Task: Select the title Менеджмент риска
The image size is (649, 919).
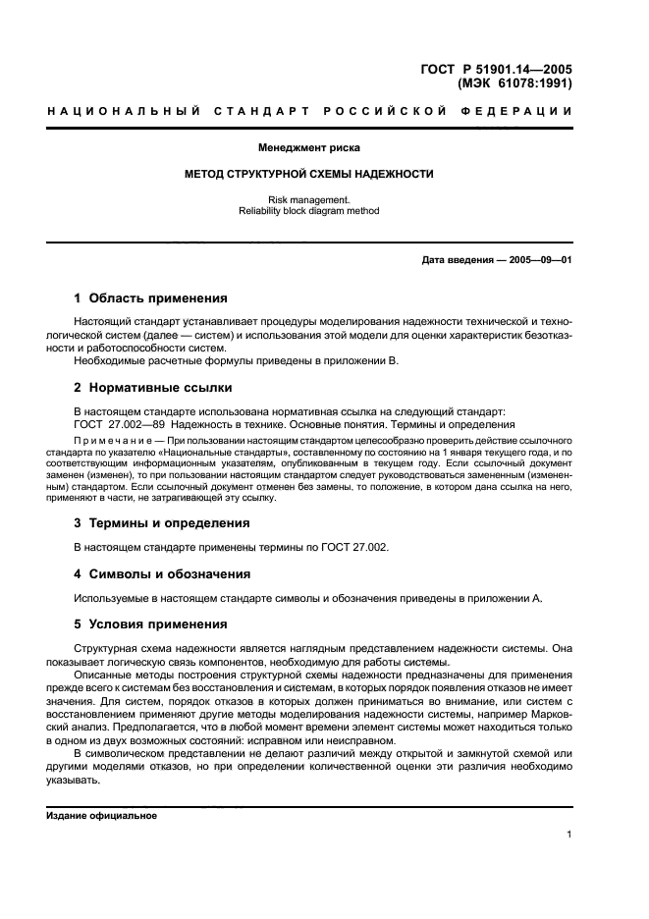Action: click(309, 148)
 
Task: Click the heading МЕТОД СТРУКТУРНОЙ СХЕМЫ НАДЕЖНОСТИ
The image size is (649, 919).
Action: click(309, 174)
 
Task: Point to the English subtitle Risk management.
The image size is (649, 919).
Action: click(309, 199)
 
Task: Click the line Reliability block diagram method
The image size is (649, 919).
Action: click(309, 210)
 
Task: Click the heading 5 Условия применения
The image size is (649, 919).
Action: click(151, 624)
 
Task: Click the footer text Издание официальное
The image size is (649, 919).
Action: click(101, 816)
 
